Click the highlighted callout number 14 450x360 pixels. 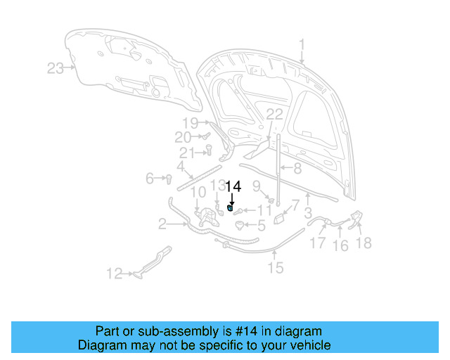tap(233, 187)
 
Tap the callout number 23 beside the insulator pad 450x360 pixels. tap(56, 68)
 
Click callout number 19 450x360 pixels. tap(191, 123)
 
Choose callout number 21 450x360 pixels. tap(186, 153)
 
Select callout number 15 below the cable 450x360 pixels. tap(275, 267)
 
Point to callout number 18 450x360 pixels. tap(364, 243)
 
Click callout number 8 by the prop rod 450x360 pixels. tap(297, 168)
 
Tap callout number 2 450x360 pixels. tap(162, 224)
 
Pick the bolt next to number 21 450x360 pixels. tap(209, 148)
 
